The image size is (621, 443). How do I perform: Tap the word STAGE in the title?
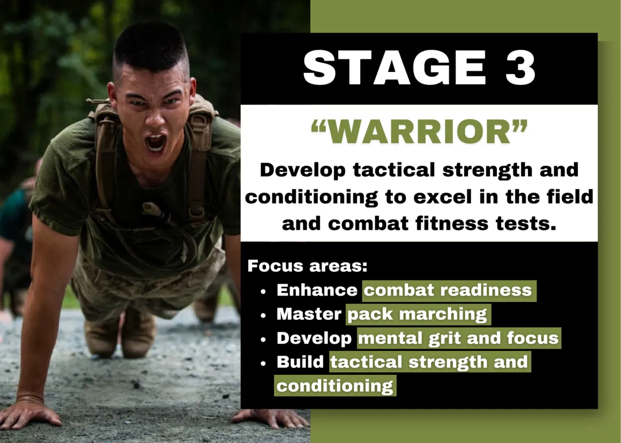(394, 68)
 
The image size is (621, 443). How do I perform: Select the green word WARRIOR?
(419, 132)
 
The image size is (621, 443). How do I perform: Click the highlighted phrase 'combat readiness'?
(448, 290)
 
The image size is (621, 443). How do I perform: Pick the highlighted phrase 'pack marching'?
(418, 314)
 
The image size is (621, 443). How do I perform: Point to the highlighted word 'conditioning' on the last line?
(335, 386)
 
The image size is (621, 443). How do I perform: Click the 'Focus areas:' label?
(307, 266)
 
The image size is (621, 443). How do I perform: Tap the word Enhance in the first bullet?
(317, 290)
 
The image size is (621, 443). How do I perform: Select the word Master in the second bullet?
(309, 314)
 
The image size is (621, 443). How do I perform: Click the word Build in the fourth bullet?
(300, 362)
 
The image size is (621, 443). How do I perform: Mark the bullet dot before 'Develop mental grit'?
(263, 340)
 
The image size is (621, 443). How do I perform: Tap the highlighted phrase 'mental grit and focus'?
(459, 338)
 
